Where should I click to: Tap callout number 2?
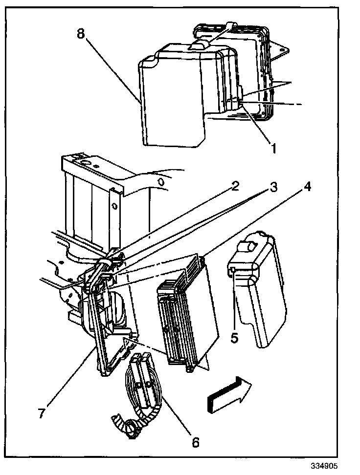click(x=235, y=186)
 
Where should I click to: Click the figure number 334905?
click(x=323, y=466)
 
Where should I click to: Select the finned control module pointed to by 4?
click(x=186, y=313)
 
